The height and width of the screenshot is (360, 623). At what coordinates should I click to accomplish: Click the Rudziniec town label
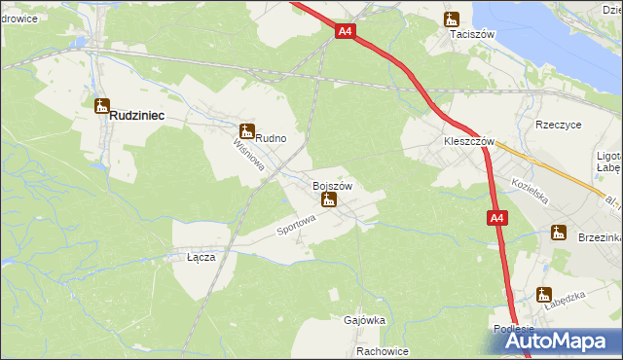136,115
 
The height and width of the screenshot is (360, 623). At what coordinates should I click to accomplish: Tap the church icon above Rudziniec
101,105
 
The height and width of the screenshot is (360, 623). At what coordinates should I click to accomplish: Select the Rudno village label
271,138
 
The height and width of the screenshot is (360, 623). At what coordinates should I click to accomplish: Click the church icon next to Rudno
245,130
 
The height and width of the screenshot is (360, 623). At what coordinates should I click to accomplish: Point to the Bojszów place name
331,185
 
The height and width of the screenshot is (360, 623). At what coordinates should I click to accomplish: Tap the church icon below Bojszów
329,199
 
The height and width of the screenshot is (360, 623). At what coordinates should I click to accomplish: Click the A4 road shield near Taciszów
345,31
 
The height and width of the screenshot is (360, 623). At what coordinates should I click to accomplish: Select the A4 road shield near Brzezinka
496,219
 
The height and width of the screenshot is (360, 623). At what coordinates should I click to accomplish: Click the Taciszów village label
473,34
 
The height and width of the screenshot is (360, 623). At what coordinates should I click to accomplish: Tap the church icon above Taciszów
452,18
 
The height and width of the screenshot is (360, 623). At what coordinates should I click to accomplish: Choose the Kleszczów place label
470,141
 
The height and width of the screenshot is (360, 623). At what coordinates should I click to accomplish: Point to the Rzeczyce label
559,125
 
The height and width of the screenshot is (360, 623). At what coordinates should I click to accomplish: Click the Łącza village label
201,258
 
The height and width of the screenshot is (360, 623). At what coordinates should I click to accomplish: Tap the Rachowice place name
382,351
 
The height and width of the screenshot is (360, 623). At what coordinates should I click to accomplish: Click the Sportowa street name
297,225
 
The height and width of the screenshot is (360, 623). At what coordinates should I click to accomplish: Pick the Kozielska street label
531,191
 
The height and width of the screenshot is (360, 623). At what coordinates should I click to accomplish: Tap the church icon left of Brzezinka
558,232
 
